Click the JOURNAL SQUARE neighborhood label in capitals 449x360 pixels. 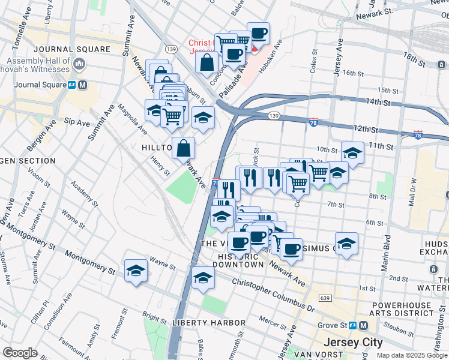pos(72,49)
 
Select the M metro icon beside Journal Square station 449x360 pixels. pos(82,85)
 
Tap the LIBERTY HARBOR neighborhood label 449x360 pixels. pos(209,323)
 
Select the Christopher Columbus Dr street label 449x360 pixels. pos(273,293)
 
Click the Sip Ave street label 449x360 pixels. pos(76,122)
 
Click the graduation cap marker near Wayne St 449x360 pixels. pos(136,271)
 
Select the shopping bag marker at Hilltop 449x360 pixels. pos(184,148)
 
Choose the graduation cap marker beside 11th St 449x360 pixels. pos(352,153)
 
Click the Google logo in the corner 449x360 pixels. pos(20,353)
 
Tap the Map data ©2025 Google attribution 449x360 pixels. pos(412,355)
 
